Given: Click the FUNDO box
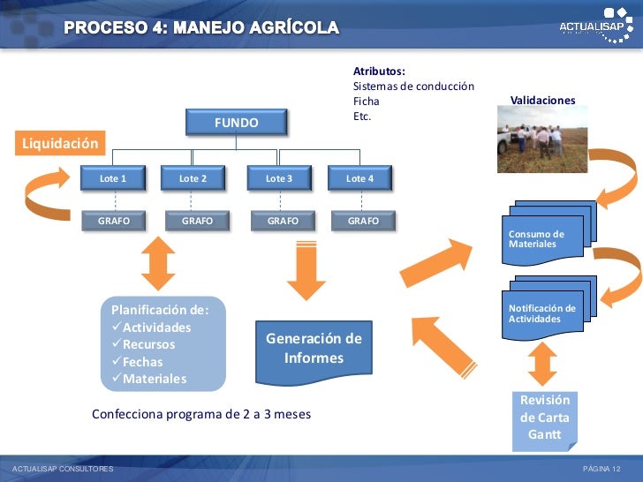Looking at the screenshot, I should (x=236, y=123).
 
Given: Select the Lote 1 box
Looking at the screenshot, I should (x=112, y=178).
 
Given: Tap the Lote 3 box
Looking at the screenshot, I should (x=278, y=178).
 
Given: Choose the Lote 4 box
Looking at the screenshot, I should (x=359, y=178).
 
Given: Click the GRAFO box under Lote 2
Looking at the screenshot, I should (x=196, y=221).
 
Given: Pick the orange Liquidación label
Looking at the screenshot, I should (x=58, y=143).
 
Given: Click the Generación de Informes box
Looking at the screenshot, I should (x=314, y=349).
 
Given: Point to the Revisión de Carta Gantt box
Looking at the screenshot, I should (x=544, y=418).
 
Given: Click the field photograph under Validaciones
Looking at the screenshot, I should (x=542, y=139).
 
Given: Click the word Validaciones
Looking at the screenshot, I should (x=542, y=101).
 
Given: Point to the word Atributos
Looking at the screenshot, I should (x=379, y=71).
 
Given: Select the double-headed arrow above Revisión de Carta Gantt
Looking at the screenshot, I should (x=542, y=363).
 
